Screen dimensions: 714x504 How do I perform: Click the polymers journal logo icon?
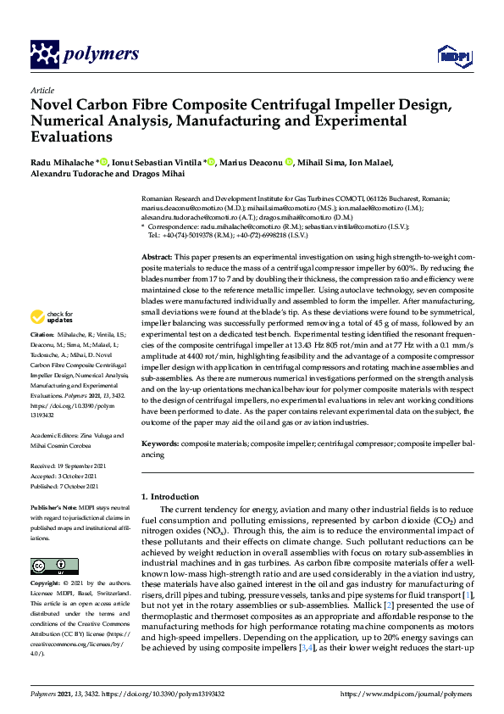pos(43,54)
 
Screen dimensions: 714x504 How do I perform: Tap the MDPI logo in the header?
pos(450,56)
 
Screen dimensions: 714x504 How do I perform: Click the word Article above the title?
pos(42,91)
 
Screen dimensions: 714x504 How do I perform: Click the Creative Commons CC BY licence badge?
pos(54,566)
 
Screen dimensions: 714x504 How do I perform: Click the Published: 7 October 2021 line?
pos(64,486)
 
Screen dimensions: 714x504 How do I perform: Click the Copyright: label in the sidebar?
pos(48,585)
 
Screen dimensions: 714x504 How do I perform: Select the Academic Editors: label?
pos(58,436)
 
